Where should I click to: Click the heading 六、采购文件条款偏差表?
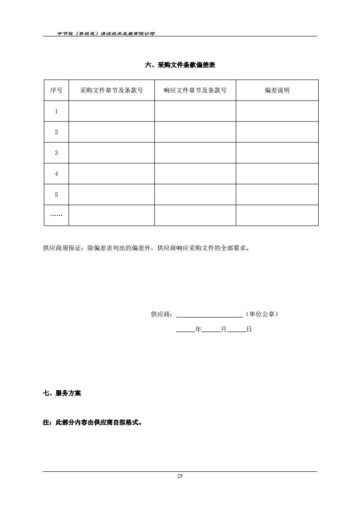[180, 65]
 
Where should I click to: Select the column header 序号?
[56, 90]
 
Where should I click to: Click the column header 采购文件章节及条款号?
[111, 90]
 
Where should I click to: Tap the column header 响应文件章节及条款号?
[195, 90]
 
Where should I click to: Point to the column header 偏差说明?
[277, 90]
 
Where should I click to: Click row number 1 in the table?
[56, 111]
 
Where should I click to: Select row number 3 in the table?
[56, 153]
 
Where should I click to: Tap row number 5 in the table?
[56, 194]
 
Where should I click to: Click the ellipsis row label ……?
[56, 215]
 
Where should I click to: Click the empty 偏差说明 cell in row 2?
[277, 132]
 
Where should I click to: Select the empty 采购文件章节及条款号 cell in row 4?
[111, 174]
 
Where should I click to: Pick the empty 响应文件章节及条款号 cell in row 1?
[195, 111]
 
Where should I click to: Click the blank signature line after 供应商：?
[209, 315]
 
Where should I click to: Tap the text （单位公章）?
[262, 314]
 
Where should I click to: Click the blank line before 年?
[185, 330]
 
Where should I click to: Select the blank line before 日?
[236, 330]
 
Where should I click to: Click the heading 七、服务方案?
[62, 393]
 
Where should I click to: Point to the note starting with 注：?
[92, 422]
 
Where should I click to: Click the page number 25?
[180, 476]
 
